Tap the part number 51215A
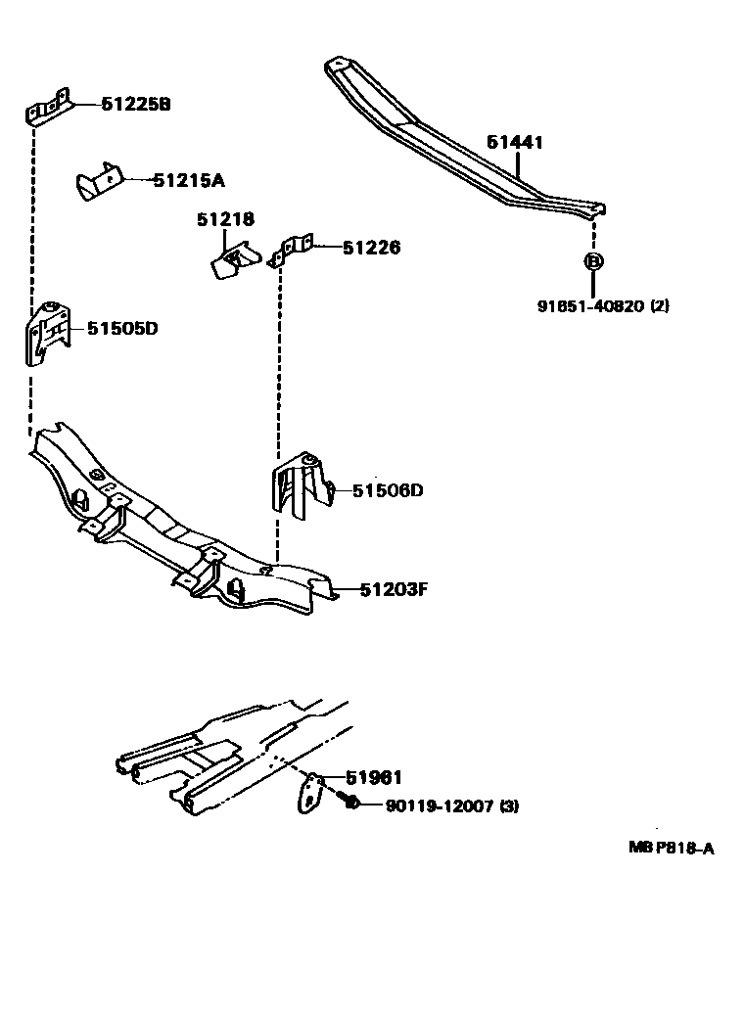point(189,180)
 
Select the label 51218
point(225,219)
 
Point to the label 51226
point(371,249)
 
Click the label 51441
point(515,143)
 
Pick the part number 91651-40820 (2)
point(603,305)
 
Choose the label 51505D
point(122,329)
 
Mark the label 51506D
point(388,490)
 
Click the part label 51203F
point(395,589)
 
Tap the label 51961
point(373,778)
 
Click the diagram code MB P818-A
point(671,849)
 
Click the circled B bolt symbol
point(592,260)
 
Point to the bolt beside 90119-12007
point(349,803)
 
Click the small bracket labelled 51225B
point(48,109)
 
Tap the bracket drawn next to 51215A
point(99,183)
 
